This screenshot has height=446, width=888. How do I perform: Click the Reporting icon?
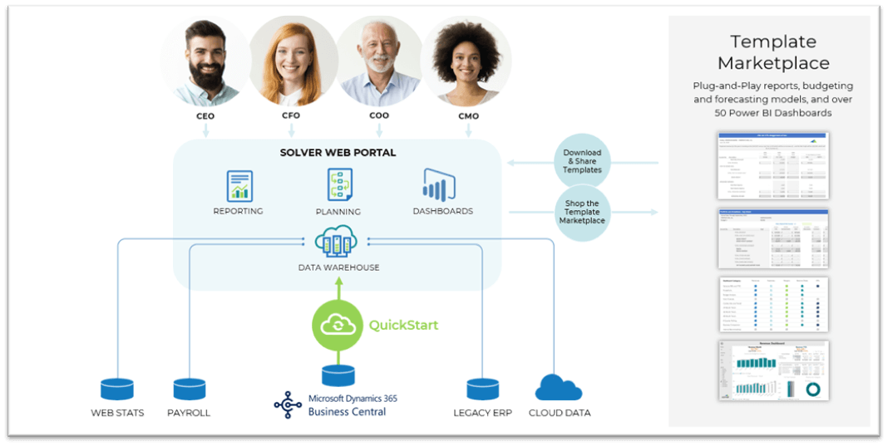click(239, 185)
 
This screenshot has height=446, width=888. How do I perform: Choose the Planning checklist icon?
click(339, 184)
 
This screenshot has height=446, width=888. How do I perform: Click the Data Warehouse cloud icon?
click(338, 243)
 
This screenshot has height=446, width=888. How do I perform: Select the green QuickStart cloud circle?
click(338, 325)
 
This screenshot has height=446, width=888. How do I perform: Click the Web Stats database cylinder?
click(117, 389)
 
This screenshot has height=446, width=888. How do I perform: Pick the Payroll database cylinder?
click(189, 389)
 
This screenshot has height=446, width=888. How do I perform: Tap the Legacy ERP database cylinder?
click(482, 389)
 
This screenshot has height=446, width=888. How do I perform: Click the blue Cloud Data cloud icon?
click(559, 387)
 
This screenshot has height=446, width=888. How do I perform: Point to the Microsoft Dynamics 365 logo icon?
click(288, 404)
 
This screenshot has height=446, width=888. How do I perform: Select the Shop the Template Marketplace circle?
click(582, 213)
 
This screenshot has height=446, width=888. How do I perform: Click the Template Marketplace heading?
click(773, 51)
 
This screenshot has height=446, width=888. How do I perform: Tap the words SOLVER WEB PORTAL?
click(338, 153)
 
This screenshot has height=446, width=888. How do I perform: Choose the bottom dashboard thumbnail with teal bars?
click(773, 370)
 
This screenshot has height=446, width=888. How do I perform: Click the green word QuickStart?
click(403, 325)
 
